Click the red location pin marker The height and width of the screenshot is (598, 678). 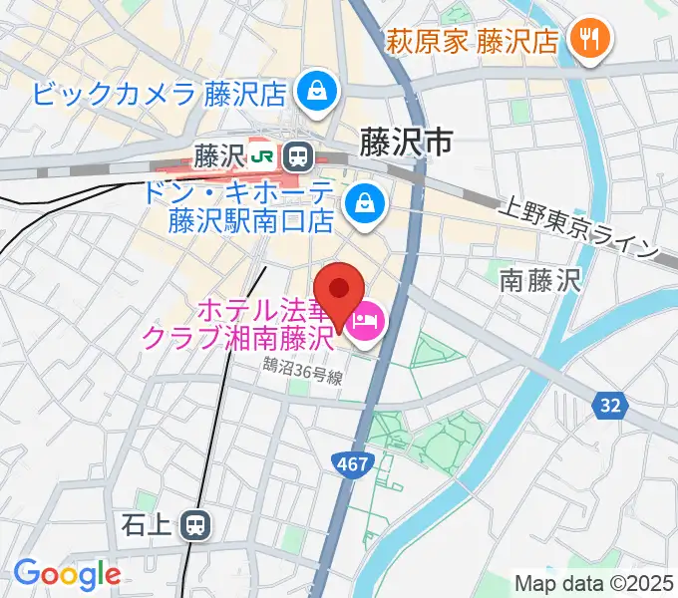point(341,290)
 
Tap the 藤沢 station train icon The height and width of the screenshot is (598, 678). point(296,155)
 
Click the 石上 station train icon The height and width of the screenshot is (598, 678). point(195,523)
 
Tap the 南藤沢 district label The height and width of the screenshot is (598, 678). point(539,280)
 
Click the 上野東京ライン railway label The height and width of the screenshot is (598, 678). point(577,230)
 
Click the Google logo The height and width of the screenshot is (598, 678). point(67,574)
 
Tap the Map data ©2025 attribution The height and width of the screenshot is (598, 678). point(592,583)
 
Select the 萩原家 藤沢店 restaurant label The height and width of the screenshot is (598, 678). point(473,41)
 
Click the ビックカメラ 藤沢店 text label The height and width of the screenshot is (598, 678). point(160,94)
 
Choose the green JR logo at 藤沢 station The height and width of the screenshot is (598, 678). point(263,155)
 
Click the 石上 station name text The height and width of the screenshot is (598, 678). point(149,523)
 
